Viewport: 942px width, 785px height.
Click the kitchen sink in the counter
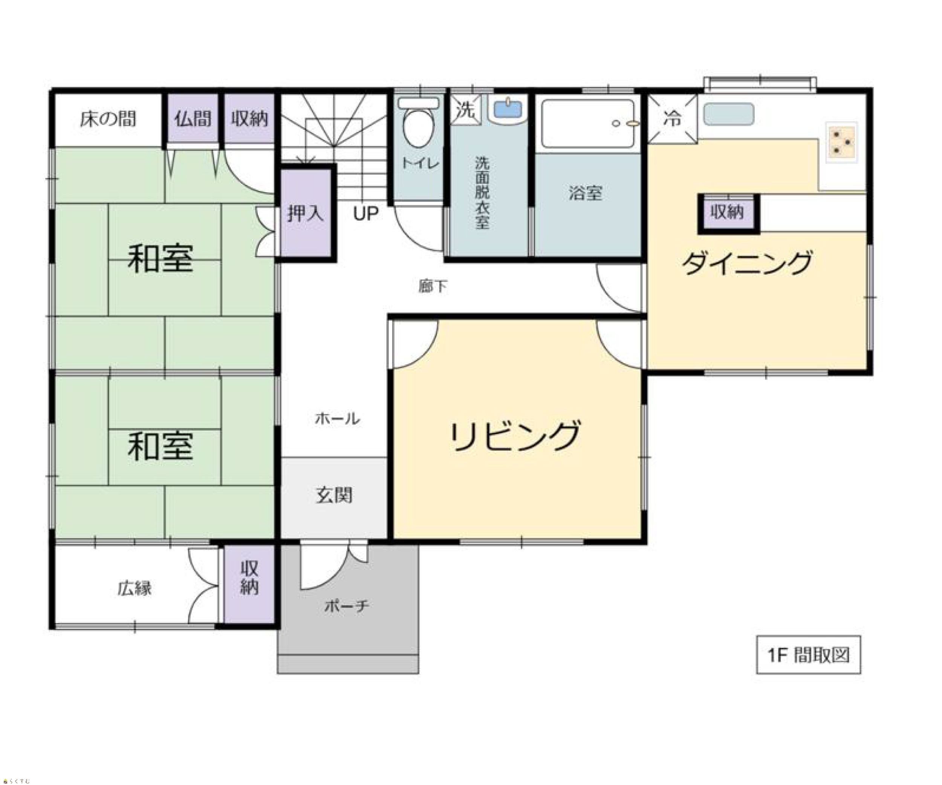tap(728, 114)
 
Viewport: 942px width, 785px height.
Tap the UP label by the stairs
tap(365, 214)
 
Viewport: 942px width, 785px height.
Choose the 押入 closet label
tap(306, 213)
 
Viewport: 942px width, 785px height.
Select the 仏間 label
tap(193, 119)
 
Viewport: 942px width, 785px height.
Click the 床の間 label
tap(108, 119)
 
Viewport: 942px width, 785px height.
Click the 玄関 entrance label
tap(334, 495)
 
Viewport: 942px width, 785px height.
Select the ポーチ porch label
tap(346, 606)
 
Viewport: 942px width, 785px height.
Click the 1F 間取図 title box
tap(808, 655)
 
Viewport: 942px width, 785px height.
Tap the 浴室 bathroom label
tap(586, 193)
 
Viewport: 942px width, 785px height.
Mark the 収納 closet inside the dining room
tap(728, 214)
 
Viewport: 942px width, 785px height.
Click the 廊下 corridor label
tap(433, 286)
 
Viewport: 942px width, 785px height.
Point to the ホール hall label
tap(337, 419)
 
